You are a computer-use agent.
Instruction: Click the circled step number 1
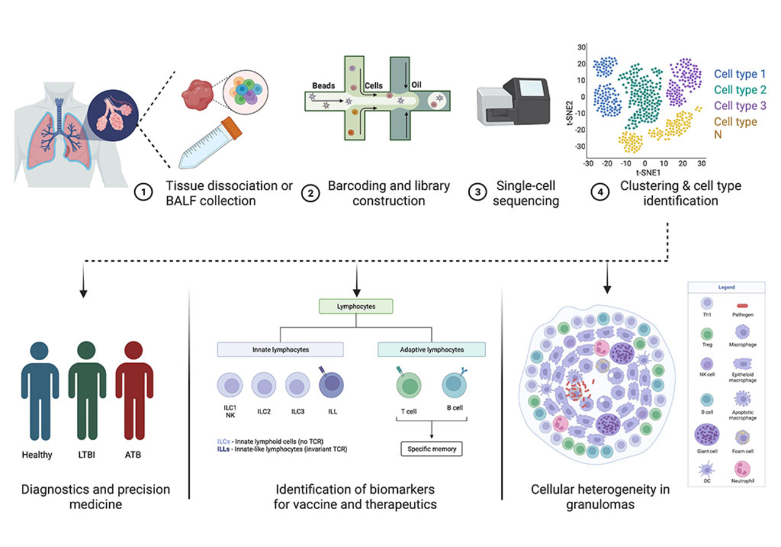(x=143, y=192)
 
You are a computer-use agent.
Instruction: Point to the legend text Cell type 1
(x=740, y=74)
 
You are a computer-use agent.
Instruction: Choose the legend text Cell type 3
(x=740, y=105)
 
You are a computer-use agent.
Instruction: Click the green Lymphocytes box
(x=356, y=305)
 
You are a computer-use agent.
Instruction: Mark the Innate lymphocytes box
(x=280, y=349)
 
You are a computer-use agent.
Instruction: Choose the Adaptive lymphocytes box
(x=431, y=349)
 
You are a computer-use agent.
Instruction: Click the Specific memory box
(x=431, y=449)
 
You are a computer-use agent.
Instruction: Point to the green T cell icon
(x=409, y=386)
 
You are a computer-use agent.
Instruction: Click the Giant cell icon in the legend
(x=707, y=436)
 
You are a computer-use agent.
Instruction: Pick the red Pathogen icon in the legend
(x=742, y=305)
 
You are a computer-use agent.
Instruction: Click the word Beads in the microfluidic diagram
(x=323, y=86)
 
